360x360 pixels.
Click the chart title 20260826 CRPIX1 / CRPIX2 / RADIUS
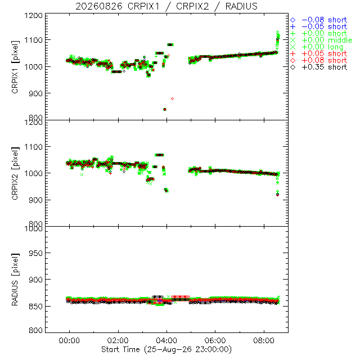pyautogui.click(x=166, y=6)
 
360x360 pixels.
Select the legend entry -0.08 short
pyautogui.click(x=319, y=20)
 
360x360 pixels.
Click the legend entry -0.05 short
pyautogui.click(x=319, y=26)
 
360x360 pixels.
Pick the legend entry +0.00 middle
pyautogui.click(x=321, y=40)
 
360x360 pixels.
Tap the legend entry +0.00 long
pyautogui.click(x=317, y=47)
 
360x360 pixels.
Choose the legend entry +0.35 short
pyautogui.click(x=319, y=67)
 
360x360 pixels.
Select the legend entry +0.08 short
pyautogui.click(x=319, y=60)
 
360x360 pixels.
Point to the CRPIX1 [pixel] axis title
pyautogui.click(x=15, y=67)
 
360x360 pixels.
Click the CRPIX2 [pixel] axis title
pyautogui.click(x=15, y=173)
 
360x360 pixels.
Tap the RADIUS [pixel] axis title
pyautogui.click(x=15, y=280)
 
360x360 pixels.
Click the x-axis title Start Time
pyautogui.click(x=166, y=349)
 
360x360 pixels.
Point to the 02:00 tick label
pyautogui.click(x=118, y=340)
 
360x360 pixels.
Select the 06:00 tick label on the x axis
pyautogui.click(x=215, y=340)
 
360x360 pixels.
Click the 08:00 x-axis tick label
pyautogui.click(x=264, y=340)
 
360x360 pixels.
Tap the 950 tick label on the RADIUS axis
pyautogui.click(x=35, y=253)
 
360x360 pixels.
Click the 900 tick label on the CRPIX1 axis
pyautogui.click(x=35, y=93)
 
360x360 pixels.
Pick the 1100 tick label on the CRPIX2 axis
pyautogui.click(x=34, y=147)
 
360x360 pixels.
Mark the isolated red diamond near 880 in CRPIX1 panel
pyautogui.click(x=173, y=99)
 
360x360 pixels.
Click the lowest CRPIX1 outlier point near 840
pyautogui.click(x=165, y=110)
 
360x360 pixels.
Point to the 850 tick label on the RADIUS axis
pyautogui.click(x=35, y=306)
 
